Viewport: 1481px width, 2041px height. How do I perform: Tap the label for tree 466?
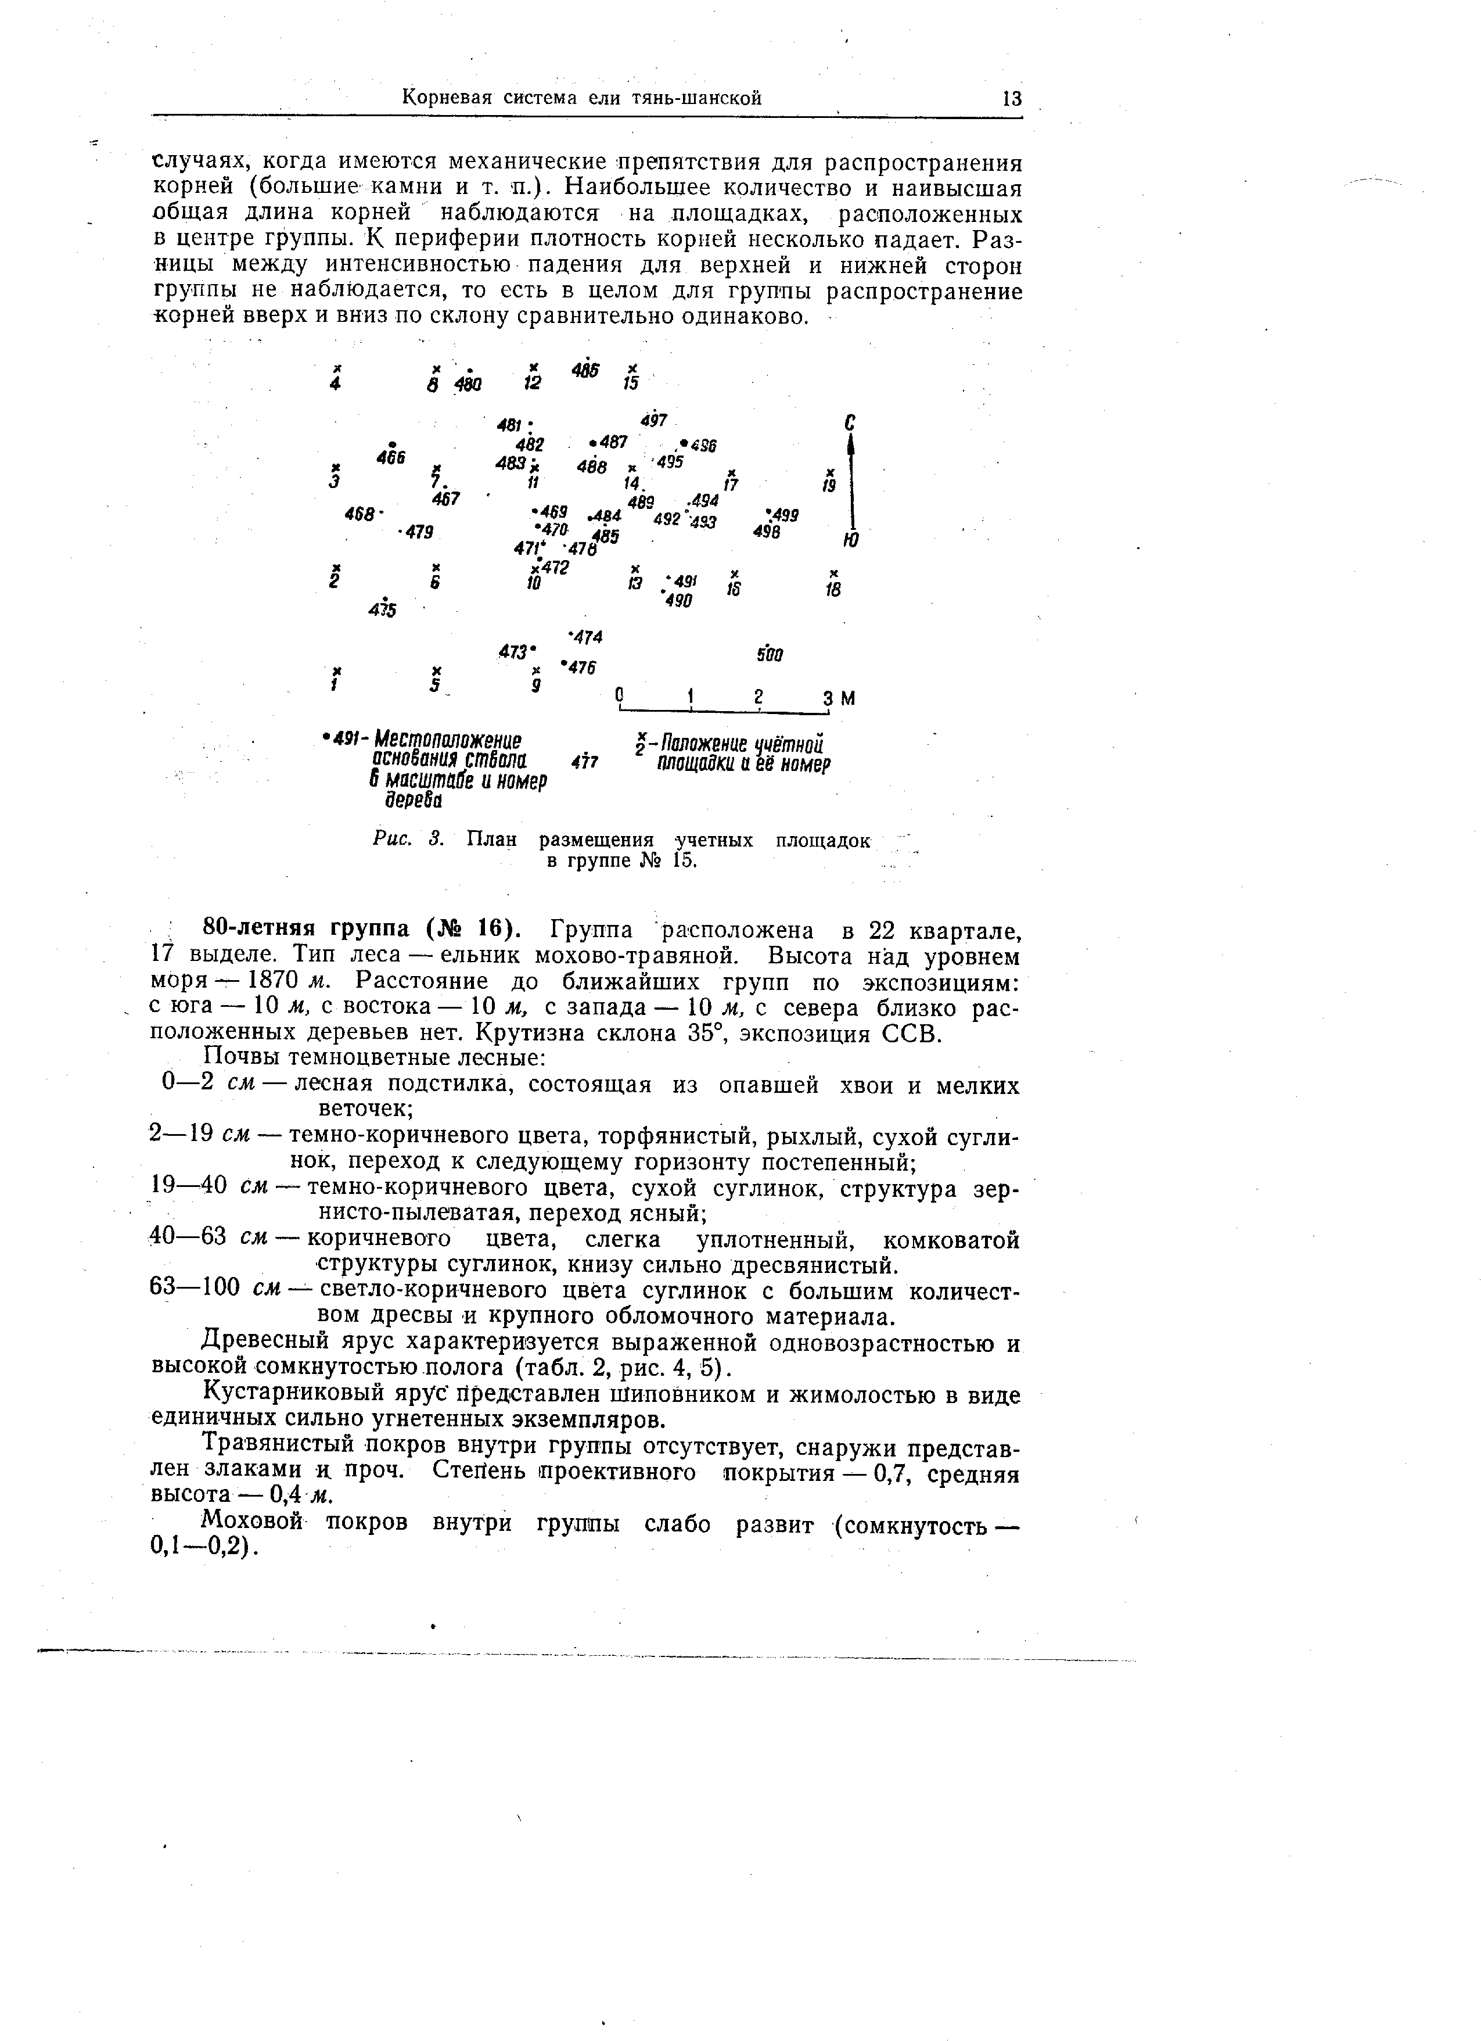(392, 457)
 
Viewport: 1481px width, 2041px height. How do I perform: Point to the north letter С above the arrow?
(849, 423)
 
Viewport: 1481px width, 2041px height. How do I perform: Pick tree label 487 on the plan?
(614, 442)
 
